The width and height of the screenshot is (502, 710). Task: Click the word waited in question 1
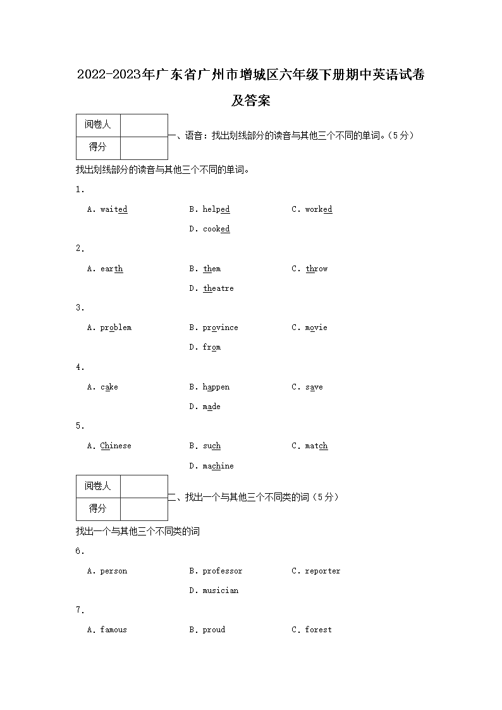(x=114, y=209)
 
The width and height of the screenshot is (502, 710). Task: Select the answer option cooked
(x=216, y=229)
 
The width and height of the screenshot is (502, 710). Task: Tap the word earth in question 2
(x=111, y=269)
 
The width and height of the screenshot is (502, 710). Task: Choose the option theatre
(x=218, y=288)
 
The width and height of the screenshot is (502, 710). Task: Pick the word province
(x=220, y=327)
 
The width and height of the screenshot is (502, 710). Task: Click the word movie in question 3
(x=316, y=327)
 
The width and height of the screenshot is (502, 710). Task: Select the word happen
(x=216, y=387)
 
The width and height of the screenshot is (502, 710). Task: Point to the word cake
(x=109, y=387)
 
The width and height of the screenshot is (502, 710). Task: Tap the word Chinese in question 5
(x=116, y=446)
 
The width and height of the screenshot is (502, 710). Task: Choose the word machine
(x=218, y=466)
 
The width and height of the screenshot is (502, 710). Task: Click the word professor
(x=222, y=571)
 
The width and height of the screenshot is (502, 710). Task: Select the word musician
(x=220, y=591)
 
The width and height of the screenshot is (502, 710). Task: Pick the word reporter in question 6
(x=322, y=571)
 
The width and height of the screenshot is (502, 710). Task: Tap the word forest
(x=318, y=630)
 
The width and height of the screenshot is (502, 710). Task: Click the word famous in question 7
(x=113, y=630)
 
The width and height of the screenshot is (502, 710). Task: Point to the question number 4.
(x=80, y=367)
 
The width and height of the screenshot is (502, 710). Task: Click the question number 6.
(x=80, y=551)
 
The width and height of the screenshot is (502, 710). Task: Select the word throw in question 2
(x=316, y=269)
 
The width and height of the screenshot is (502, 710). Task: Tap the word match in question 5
(x=316, y=446)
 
